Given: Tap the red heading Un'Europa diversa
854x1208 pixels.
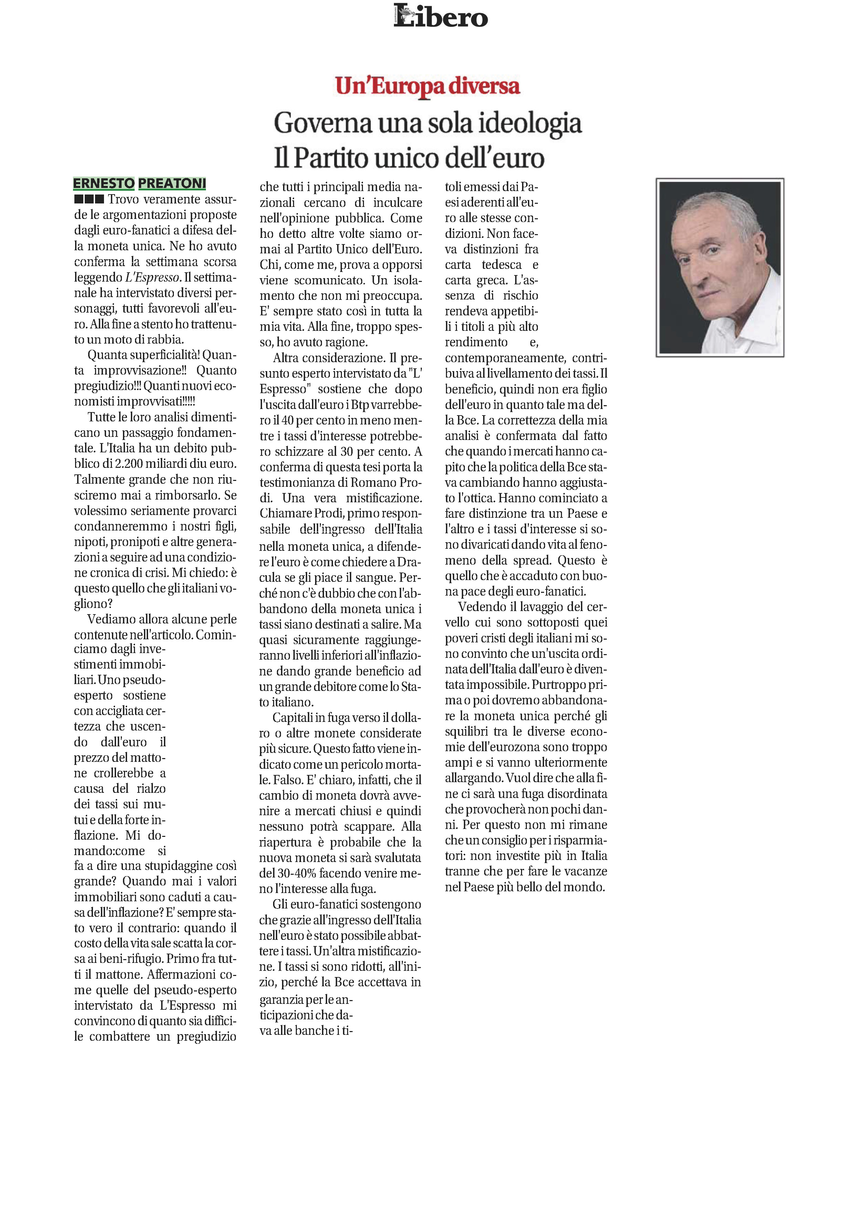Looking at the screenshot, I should [x=427, y=86].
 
